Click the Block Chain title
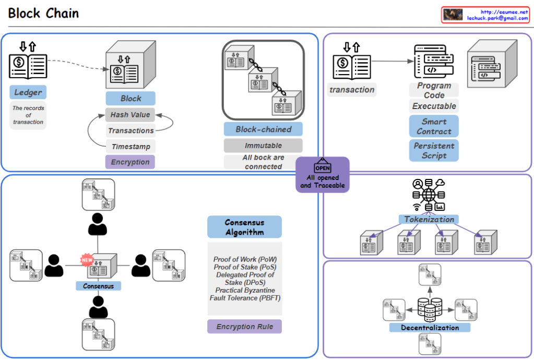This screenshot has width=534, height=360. [x=44, y=13]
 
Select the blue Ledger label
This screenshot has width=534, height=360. [x=28, y=92]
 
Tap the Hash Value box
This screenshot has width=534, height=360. [x=130, y=115]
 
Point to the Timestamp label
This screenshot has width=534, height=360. [x=130, y=147]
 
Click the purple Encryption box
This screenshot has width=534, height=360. [x=130, y=162]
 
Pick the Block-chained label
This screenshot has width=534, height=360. [x=263, y=129]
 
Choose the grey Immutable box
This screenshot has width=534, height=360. [x=263, y=146]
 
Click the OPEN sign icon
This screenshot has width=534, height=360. [x=322, y=167]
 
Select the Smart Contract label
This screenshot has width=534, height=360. [x=434, y=126]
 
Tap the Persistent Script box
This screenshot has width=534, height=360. [x=434, y=150]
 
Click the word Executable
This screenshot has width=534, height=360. [x=434, y=106]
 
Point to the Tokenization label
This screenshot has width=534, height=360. [x=429, y=219]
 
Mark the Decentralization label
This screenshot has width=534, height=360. [x=430, y=328]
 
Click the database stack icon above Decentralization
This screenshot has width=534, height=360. [x=430, y=308]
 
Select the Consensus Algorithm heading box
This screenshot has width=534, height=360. [x=244, y=227]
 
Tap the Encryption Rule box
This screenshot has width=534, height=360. [x=244, y=327]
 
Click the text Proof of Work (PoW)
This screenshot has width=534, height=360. [x=245, y=259]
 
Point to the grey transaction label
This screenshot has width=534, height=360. [x=352, y=90]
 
